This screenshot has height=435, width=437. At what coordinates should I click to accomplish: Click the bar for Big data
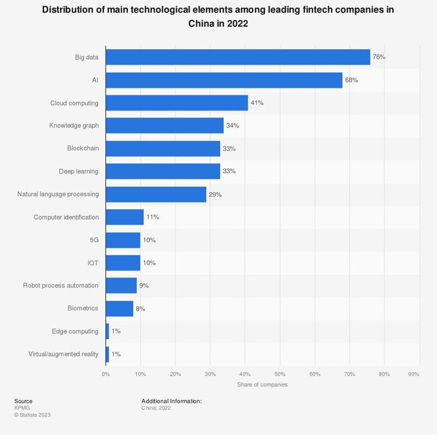pyautogui.click(x=238, y=57)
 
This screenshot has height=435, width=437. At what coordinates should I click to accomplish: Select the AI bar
pyautogui.click(x=224, y=80)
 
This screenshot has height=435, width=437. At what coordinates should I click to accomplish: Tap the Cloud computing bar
pyautogui.click(x=176, y=103)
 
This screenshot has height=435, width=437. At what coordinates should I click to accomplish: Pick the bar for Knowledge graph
pyautogui.click(x=164, y=126)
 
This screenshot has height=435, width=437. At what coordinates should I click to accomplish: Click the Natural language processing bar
pyautogui.click(x=156, y=195)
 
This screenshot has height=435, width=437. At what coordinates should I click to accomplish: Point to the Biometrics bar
pyautogui.click(x=119, y=308)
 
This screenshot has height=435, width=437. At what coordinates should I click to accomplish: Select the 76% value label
pyautogui.click(x=379, y=57)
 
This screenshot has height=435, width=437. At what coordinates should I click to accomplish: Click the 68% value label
pyautogui.click(x=351, y=80)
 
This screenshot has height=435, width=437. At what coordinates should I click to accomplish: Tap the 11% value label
pyautogui.click(x=152, y=217)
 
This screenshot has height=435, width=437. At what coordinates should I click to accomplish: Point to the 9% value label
pyautogui.click(x=144, y=285)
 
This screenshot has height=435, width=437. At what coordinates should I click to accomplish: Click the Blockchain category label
pyautogui.click(x=82, y=149)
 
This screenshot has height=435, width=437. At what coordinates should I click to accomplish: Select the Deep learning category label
pyautogui.click(x=78, y=171)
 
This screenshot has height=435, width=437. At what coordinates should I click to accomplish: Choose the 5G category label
pyautogui.click(x=94, y=240)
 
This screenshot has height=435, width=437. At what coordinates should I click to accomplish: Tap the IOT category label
pyautogui.click(x=93, y=262)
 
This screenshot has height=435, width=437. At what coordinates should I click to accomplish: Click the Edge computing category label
pyautogui.click(x=75, y=331)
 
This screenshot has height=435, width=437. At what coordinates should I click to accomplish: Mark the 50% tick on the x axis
pyautogui.click(x=280, y=374)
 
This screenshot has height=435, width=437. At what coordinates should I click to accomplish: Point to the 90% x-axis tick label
pyautogui.click(x=414, y=374)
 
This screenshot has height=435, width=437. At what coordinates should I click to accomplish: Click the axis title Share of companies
pyautogui.click(x=262, y=385)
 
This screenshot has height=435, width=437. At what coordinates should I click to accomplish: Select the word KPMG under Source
pyautogui.click(x=22, y=408)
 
